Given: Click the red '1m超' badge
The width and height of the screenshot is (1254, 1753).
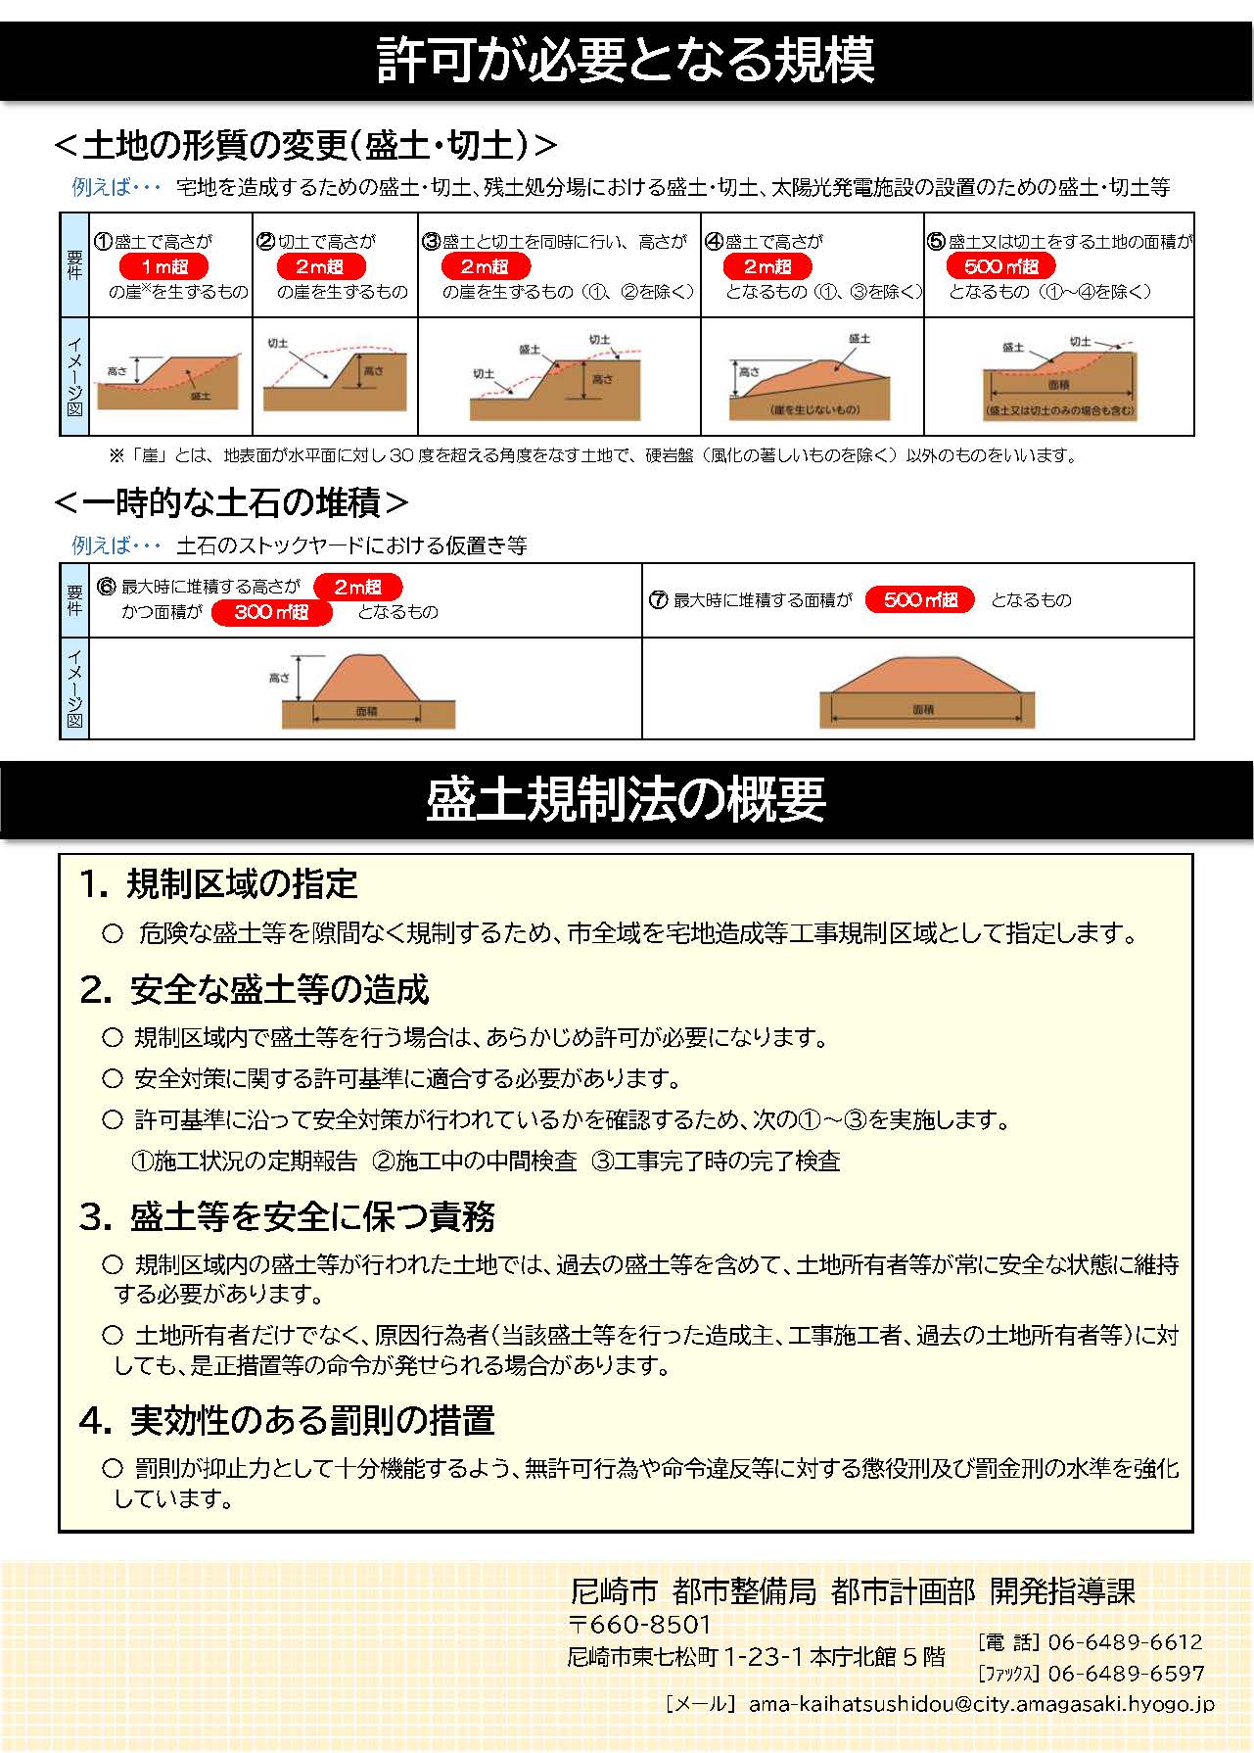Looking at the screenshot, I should [163, 266].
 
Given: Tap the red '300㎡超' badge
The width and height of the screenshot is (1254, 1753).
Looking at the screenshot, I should [271, 612].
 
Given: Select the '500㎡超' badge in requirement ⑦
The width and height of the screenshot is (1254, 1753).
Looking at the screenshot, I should [919, 599].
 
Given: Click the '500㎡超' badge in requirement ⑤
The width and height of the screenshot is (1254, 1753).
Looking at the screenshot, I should [1000, 266].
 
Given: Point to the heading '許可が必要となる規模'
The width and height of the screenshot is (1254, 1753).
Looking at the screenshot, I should [627, 60].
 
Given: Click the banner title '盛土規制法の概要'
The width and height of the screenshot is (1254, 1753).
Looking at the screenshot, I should [627, 799].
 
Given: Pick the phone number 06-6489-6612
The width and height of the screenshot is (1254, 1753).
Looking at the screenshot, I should [1124, 1642].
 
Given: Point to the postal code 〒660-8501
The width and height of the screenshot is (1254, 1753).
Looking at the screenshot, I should [640, 1625].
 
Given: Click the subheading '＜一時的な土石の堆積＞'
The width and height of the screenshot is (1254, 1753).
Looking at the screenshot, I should [231, 503].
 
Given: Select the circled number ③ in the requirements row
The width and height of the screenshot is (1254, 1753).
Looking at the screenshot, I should [431, 241].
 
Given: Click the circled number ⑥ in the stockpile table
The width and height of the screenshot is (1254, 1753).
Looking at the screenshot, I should [107, 587].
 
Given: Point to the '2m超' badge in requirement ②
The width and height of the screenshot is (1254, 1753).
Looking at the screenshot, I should [320, 266].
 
